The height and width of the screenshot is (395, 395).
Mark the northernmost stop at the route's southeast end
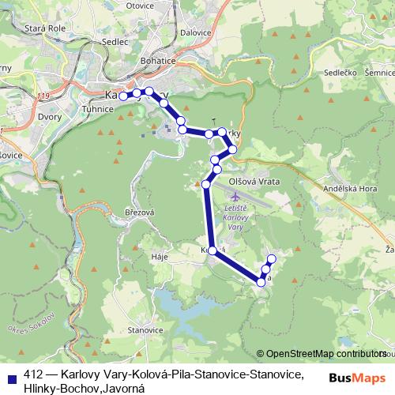[x=272, y=259]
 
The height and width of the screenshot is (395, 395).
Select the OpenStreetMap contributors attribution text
[x=325, y=355]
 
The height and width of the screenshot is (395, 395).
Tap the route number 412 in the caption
[x=33, y=373]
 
